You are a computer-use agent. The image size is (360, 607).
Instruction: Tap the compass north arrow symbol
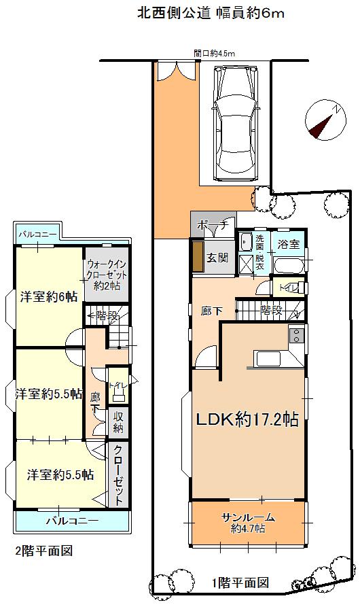323,120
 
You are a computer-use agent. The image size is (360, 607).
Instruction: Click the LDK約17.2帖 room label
247,419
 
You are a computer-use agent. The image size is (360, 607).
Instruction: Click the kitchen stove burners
297,334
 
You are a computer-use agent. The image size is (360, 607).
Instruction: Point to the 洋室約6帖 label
48,297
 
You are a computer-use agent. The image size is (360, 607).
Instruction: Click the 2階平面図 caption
43,550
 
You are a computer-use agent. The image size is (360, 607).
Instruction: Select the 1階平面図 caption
240,583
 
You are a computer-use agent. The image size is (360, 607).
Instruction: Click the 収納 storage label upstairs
118,422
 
